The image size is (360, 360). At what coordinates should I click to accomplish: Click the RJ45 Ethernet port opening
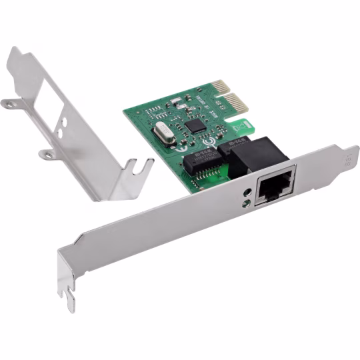pyautogui.click(x=271, y=188)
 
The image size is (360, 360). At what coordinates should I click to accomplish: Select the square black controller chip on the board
pyautogui.click(x=195, y=125)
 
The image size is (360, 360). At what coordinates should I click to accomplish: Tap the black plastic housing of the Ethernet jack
pyautogui.click(x=253, y=153)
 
